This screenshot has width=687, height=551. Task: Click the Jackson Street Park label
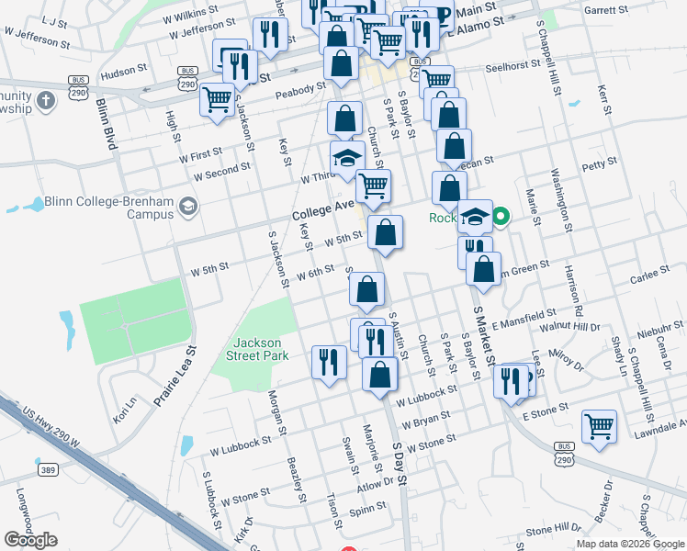(x=261, y=349)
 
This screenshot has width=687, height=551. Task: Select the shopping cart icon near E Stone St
(x=599, y=426)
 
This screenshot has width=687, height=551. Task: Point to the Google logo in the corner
(x=30, y=539)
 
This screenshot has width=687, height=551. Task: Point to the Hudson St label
(x=123, y=70)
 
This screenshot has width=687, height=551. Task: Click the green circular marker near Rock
(x=501, y=218)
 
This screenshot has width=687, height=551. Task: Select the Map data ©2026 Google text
(x=630, y=544)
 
